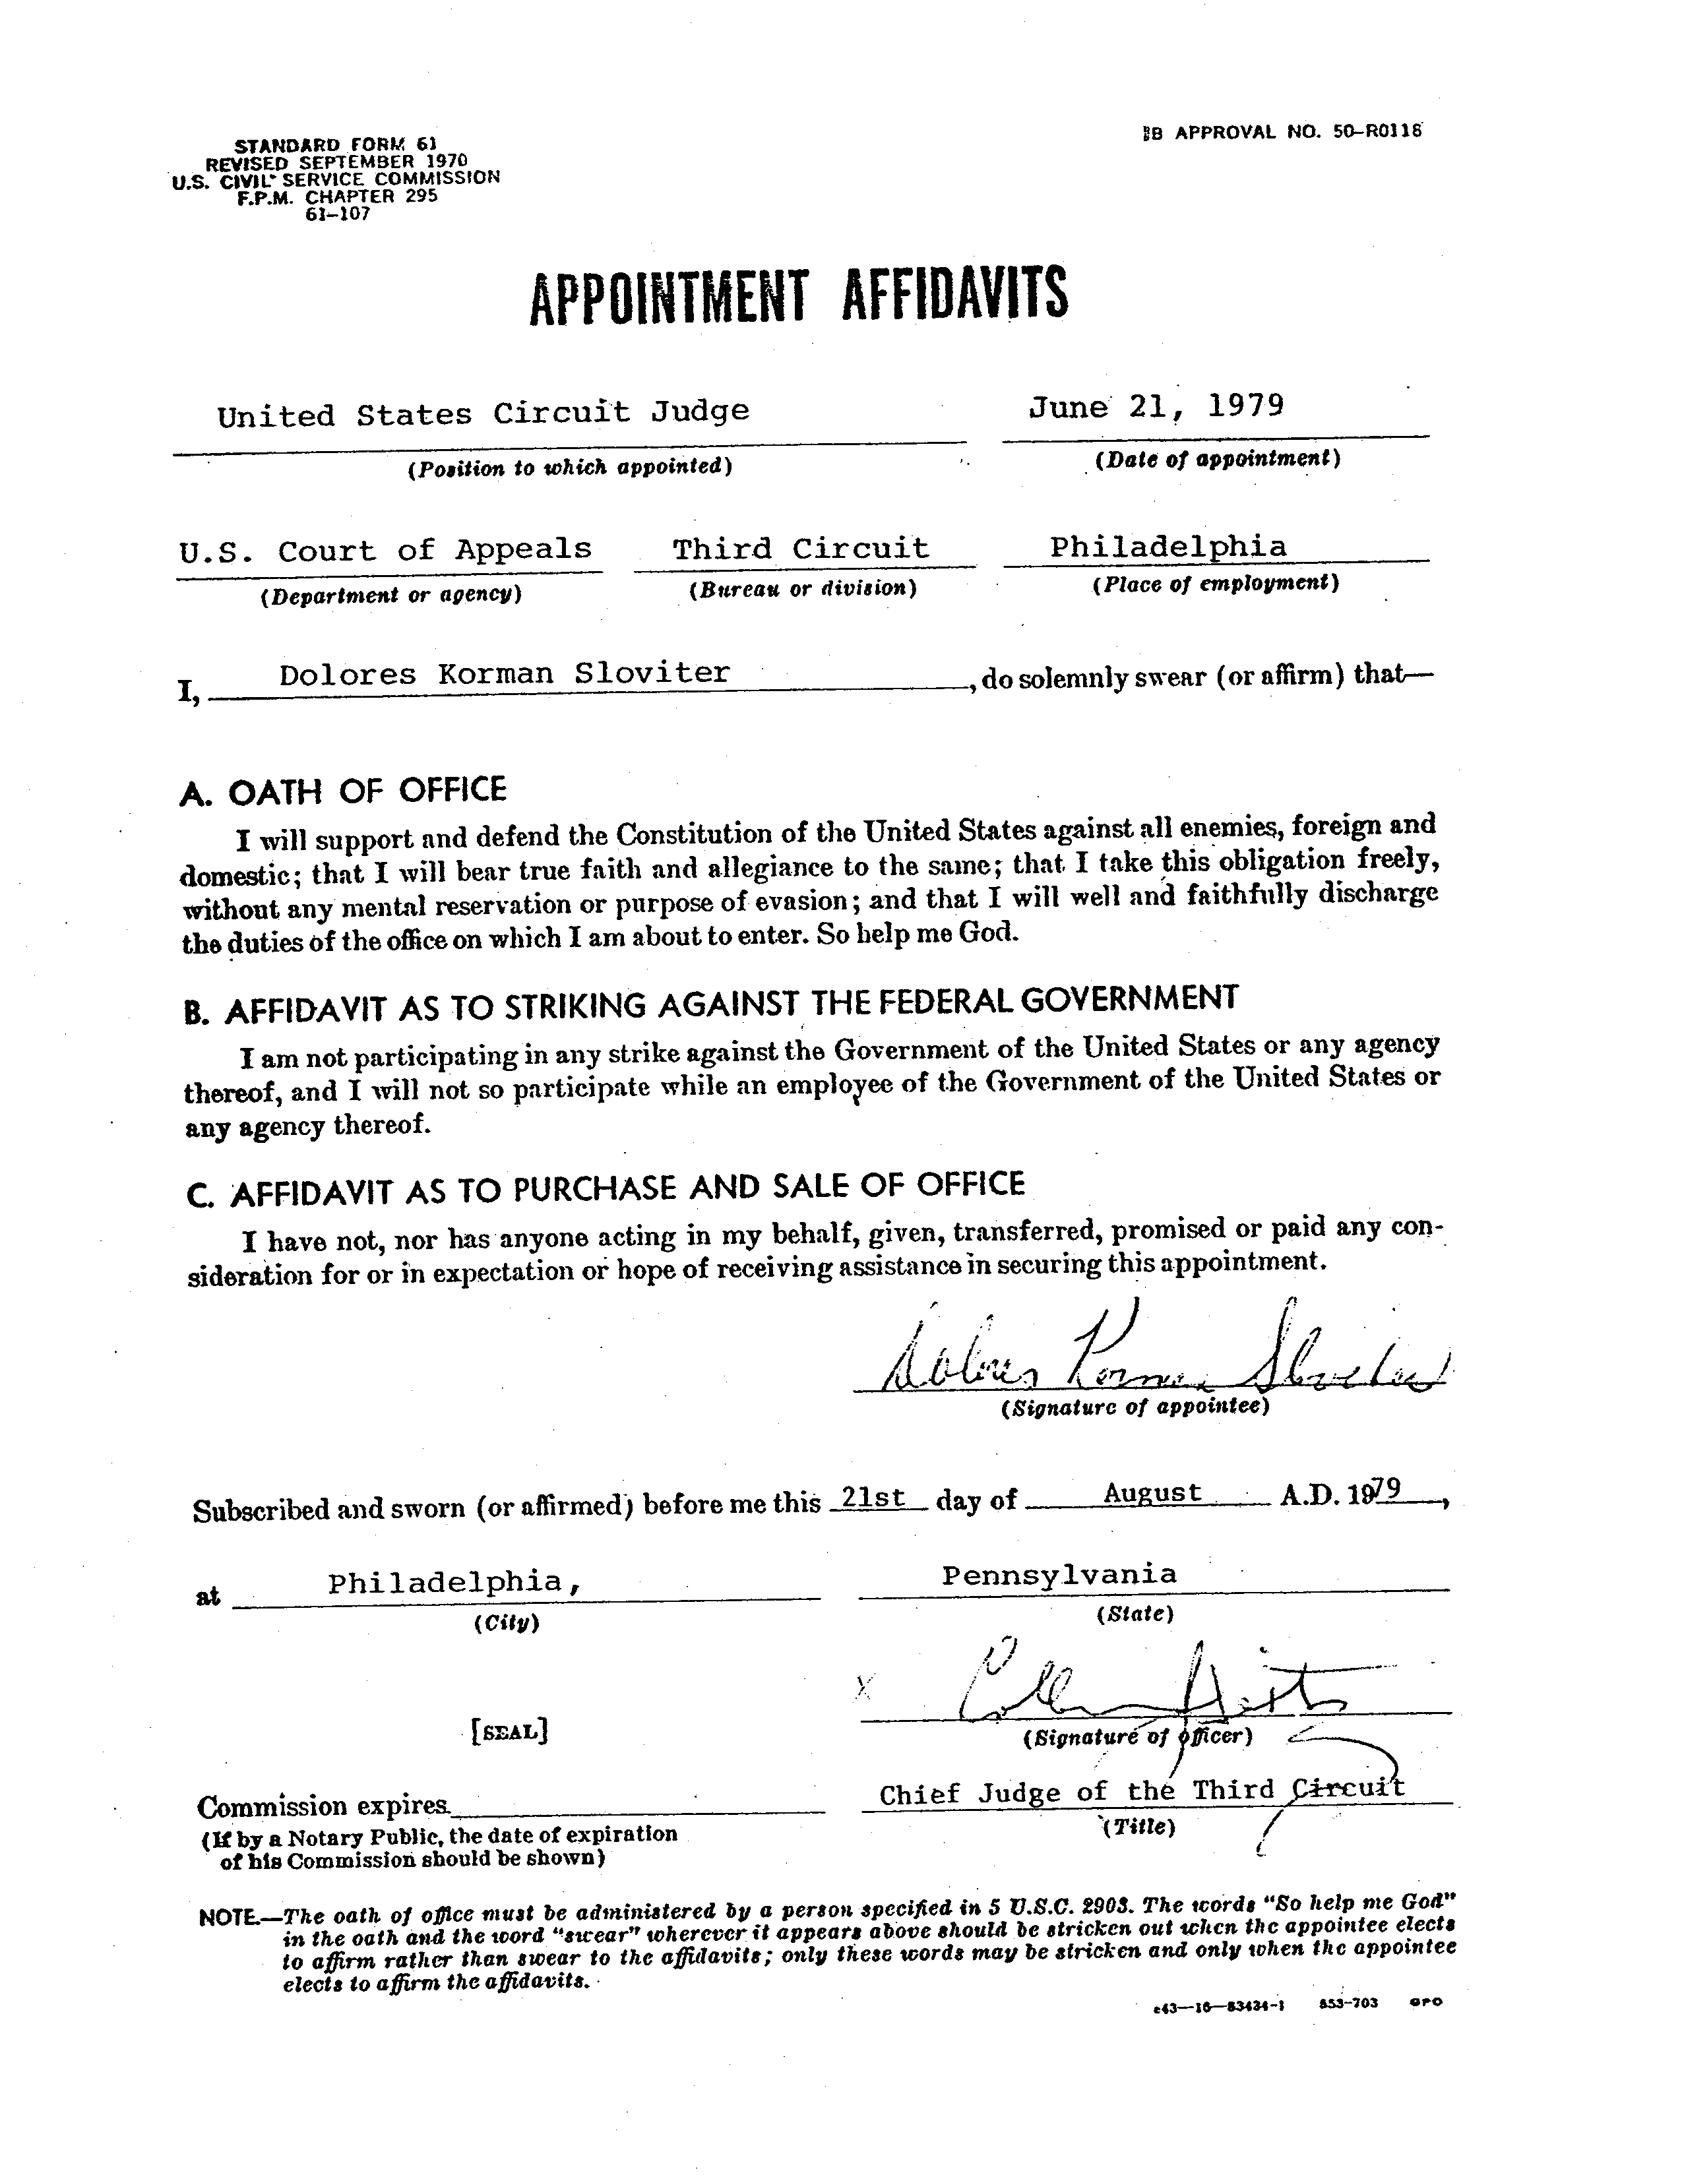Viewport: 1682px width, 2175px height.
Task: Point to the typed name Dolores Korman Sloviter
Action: (x=504, y=674)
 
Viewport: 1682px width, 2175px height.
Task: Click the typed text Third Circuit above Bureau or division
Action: (x=801, y=549)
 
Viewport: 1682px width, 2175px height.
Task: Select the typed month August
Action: (x=1152, y=1494)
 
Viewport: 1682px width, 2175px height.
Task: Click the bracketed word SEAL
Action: (x=509, y=1732)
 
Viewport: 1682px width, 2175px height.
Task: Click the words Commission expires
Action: (x=324, y=1806)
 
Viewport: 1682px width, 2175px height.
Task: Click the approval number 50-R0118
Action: (x=1374, y=131)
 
